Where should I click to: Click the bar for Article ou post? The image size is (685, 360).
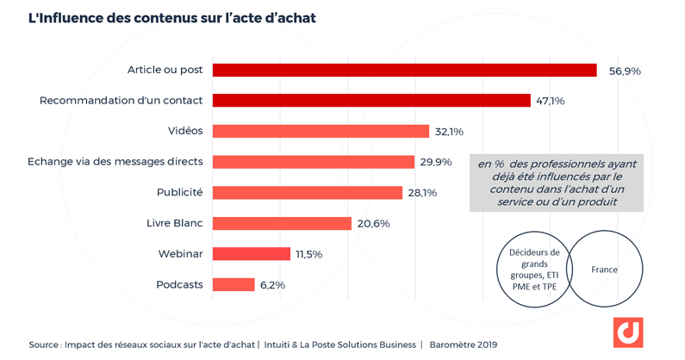pos(404,70)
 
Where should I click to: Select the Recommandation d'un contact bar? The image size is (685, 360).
pos(371,101)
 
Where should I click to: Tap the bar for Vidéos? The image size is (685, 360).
pos(321,131)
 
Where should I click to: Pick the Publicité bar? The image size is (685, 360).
pos(308,192)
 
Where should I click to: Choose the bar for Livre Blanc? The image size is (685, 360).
pos(282,223)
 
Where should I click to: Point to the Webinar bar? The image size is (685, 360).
pos(252,254)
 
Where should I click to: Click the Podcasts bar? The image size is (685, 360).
pos(234,284)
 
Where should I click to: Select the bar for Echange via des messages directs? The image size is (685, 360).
pos(314,162)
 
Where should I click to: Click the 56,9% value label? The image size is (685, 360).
pos(625,71)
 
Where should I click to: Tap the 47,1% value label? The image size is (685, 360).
pos(551,101)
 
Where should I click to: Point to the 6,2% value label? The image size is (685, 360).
pos(272,285)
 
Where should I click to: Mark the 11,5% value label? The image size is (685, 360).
pos(308,254)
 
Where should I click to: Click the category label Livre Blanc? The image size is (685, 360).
pos(174,223)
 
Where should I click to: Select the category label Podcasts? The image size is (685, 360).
pos(179,284)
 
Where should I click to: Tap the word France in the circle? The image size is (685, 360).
pos(604,270)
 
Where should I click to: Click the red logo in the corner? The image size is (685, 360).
pos(628,332)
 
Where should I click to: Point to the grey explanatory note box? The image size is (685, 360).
pos(556,183)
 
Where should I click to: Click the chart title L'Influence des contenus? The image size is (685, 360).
pos(172,18)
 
